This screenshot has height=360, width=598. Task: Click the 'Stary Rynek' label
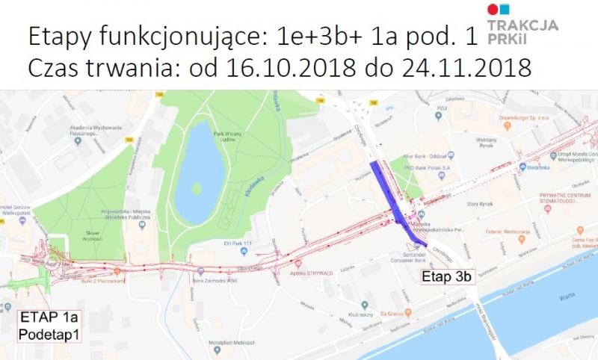click(478, 203)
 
